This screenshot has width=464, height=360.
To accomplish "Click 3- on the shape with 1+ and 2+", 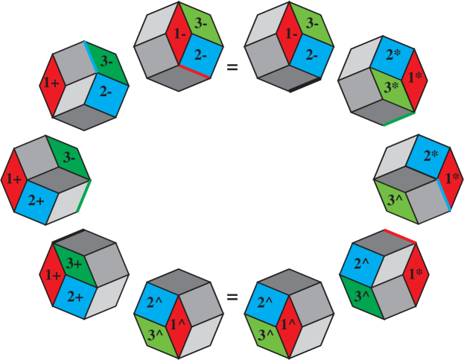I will (69, 158).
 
